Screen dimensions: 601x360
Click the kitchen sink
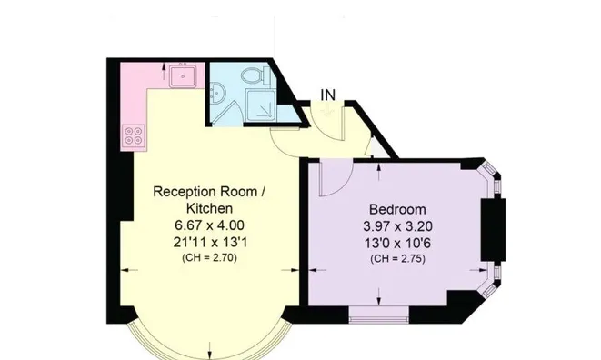point(184,75)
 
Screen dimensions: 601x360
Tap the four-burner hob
point(134,137)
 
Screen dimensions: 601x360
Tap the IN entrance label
point(327,95)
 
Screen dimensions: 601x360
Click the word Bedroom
point(397,209)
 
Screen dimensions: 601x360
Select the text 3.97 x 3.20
point(397,226)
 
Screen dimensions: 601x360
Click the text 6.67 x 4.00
point(209,225)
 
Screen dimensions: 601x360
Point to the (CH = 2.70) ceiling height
point(209,257)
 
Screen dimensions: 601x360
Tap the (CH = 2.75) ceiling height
point(397,259)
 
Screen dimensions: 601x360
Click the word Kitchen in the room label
point(209,208)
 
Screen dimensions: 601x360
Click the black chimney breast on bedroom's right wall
point(494,230)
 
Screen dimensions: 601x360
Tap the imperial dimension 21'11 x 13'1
point(209,242)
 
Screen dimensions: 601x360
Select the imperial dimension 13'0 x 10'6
point(397,243)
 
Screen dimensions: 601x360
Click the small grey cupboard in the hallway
point(378,147)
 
